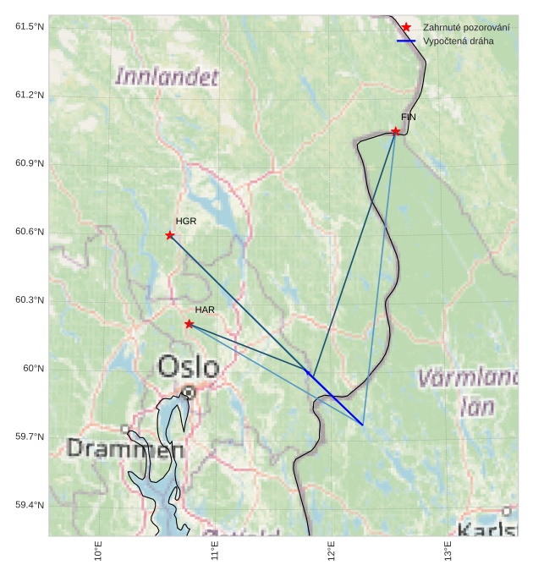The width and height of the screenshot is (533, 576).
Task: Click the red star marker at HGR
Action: (x=170, y=235)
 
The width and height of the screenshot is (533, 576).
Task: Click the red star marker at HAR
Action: (x=189, y=324)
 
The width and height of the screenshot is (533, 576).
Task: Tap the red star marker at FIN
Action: (x=396, y=131)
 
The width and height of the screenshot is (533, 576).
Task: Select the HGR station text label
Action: (x=186, y=221)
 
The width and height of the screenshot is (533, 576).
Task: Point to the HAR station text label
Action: (x=205, y=310)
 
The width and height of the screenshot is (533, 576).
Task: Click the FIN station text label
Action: (x=409, y=117)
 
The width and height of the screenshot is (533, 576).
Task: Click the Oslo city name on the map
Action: (x=189, y=367)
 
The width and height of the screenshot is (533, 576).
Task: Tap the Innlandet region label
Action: (x=166, y=78)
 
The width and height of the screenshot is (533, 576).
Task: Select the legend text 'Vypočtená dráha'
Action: (x=459, y=41)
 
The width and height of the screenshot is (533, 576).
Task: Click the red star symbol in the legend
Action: (x=406, y=28)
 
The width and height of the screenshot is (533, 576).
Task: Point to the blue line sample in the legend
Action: (x=406, y=41)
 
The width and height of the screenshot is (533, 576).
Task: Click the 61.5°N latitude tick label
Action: (x=30, y=27)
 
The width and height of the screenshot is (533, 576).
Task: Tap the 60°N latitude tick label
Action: (x=34, y=369)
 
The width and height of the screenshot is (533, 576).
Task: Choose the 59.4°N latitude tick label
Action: (x=30, y=505)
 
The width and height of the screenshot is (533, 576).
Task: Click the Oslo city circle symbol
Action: (x=190, y=392)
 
